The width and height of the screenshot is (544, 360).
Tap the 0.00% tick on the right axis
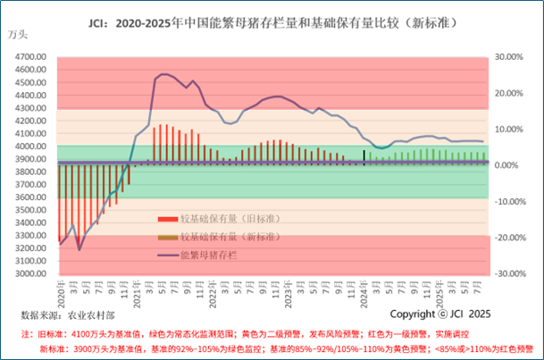(x=506, y=165)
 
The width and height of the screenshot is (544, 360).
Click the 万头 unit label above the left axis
(x=18, y=36)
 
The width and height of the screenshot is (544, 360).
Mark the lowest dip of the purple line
(x=80, y=249)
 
